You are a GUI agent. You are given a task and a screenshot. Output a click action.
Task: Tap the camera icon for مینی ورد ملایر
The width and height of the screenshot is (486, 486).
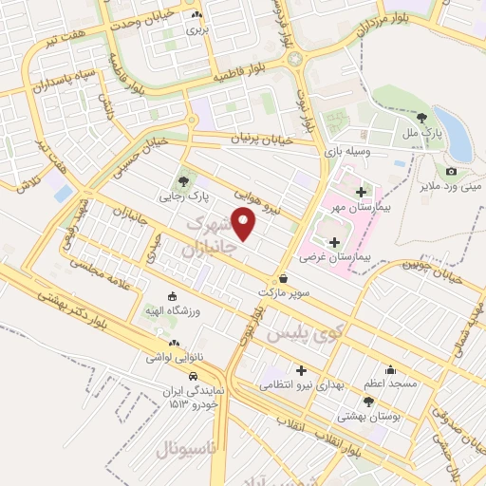[450, 172]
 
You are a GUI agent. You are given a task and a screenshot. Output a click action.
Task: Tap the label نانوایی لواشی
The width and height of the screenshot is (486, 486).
[171, 359]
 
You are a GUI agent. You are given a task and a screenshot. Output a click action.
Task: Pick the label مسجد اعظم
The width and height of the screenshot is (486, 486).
[389, 383]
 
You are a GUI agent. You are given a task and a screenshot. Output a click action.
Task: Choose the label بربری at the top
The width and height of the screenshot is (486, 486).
[196, 29]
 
